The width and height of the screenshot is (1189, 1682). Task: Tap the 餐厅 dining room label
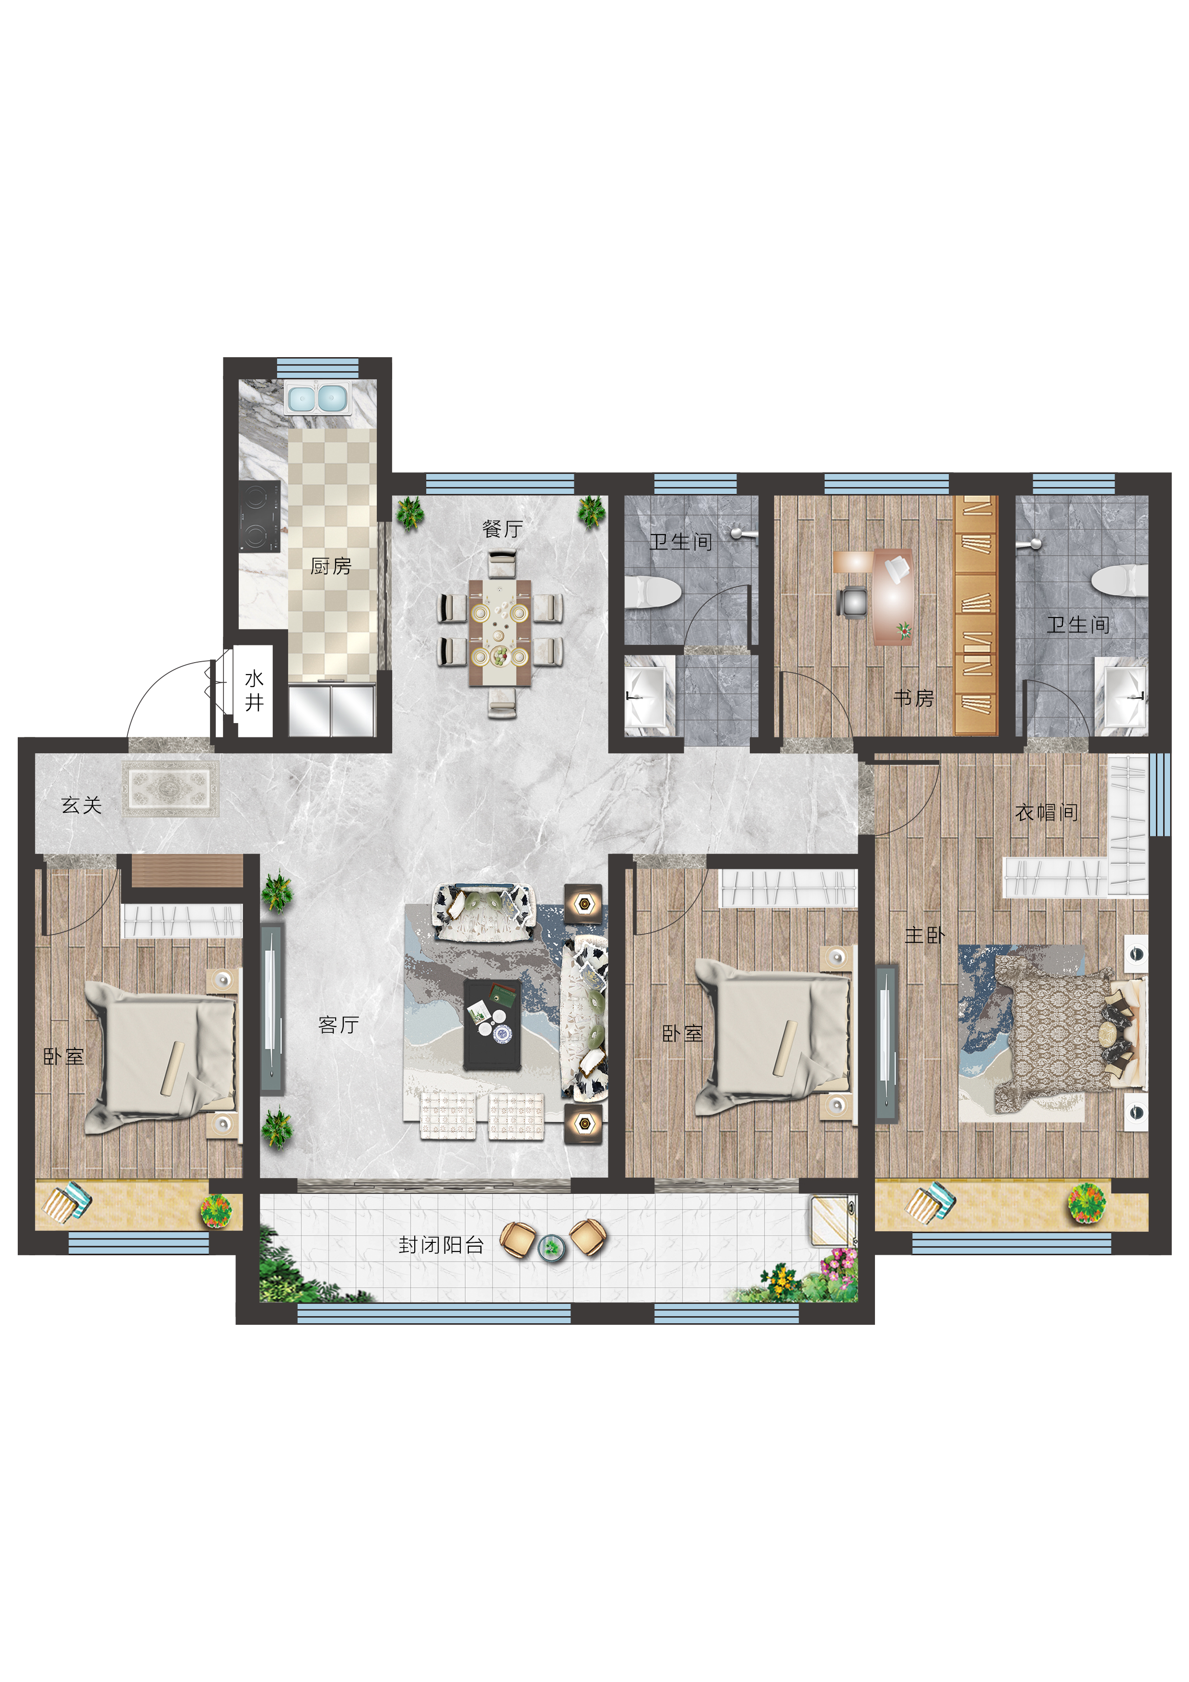click(x=502, y=528)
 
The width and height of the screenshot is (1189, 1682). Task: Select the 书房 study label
click(x=913, y=698)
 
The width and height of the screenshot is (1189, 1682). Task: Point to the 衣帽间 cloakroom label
click(x=1047, y=812)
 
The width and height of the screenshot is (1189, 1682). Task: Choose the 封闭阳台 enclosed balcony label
click(x=441, y=1245)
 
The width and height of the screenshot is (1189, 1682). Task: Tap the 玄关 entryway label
click(x=82, y=805)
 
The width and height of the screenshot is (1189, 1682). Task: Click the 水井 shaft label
click(x=254, y=690)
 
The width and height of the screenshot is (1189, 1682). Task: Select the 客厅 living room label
click(x=338, y=1024)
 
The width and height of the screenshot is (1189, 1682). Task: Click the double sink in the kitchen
click(x=317, y=398)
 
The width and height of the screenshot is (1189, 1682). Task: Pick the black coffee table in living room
click(x=493, y=1025)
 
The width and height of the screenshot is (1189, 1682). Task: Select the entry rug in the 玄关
click(x=171, y=788)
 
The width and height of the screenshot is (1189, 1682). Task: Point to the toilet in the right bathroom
click(x=1119, y=580)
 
